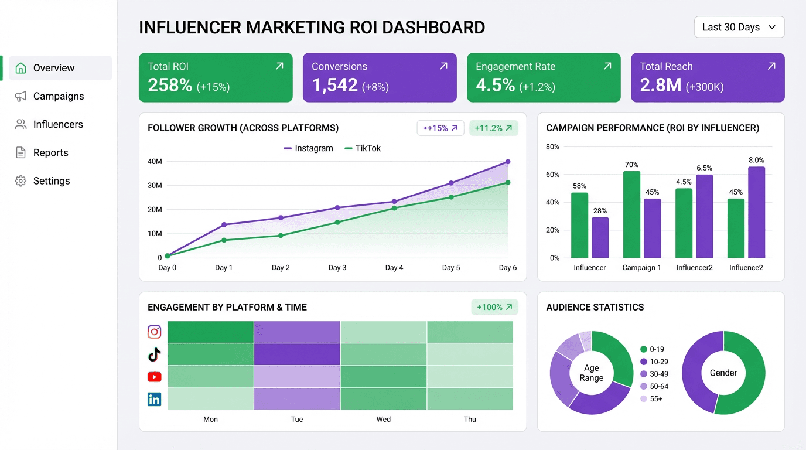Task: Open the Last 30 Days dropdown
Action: pos(739,27)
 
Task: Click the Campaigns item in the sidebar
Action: pos(58,96)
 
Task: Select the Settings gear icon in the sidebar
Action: pos(21,181)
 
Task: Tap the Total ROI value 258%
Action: pos(170,86)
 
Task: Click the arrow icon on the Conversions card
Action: pos(443,66)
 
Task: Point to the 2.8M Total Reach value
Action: pos(660,86)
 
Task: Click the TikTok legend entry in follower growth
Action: pos(363,148)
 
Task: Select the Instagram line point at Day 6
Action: pos(507,162)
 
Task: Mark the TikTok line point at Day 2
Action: pos(281,236)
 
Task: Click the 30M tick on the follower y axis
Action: pos(155,185)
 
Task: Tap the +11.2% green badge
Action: pos(493,128)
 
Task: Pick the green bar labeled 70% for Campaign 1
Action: pos(631,214)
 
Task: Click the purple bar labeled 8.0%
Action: pos(756,212)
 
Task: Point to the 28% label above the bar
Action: pos(600,211)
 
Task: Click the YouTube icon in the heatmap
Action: pos(154,377)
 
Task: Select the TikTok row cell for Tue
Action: pos(297,354)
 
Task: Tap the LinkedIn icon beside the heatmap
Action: pos(154,400)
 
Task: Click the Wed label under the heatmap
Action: pos(384,419)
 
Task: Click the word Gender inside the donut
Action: pos(723,373)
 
